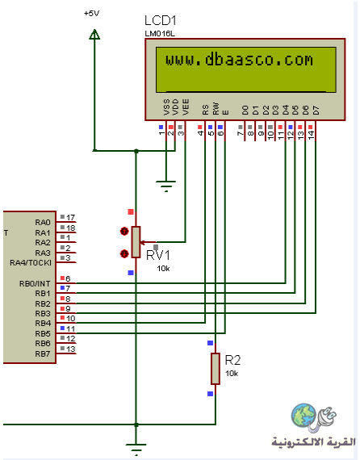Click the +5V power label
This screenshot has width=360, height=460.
click(x=91, y=14)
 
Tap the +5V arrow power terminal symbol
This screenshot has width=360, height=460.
click(x=94, y=34)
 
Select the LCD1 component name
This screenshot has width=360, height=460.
click(x=161, y=21)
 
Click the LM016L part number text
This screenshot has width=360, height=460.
click(x=160, y=34)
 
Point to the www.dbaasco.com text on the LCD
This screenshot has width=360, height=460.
click(x=239, y=60)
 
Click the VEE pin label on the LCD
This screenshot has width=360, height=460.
click(x=186, y=107)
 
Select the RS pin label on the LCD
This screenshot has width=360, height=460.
click(x=205, y=110)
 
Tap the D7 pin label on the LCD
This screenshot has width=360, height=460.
click(x=316, y=111)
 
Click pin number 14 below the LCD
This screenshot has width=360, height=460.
click(x=311, y=135)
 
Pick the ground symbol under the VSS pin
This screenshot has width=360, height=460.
click(x=166, y=186)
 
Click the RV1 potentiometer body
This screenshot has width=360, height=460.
click(x=136, y=242)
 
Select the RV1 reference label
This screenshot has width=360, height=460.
click(x=158, y=255)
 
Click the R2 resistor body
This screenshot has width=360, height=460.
click(x=216, y=369)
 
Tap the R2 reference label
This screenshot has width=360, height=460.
click(x=232, y=360)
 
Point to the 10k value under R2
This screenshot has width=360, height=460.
click(x=232, y=374)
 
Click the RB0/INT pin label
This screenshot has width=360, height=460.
click(x=35, y=284)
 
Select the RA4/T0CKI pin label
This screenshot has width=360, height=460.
click(x=31, y=262)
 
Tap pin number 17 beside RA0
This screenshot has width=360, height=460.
click(x=70, y=217)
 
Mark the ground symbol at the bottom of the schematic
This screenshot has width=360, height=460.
click(x=136, y=449)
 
